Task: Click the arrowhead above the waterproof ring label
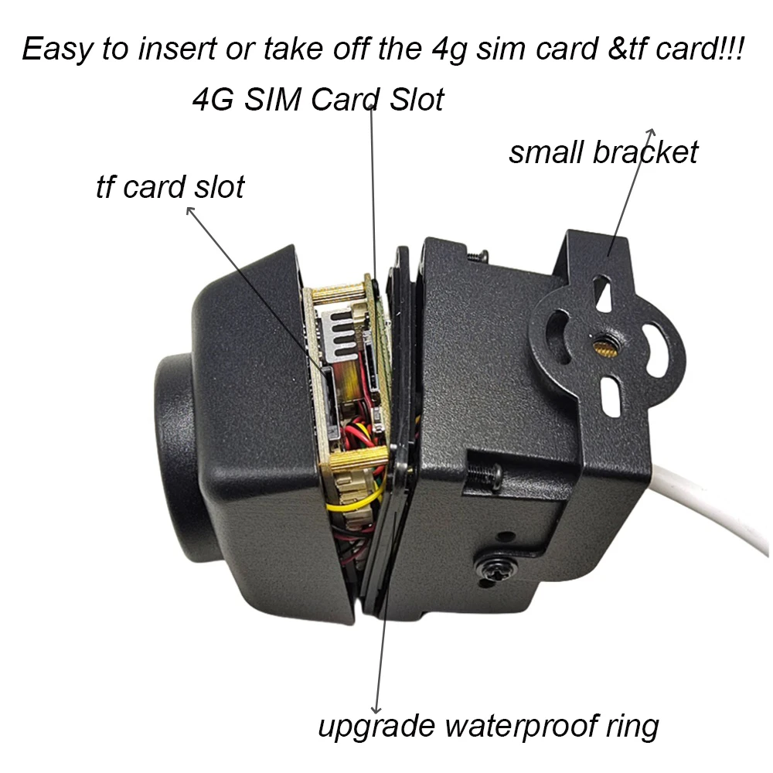(x=376, y=707)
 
